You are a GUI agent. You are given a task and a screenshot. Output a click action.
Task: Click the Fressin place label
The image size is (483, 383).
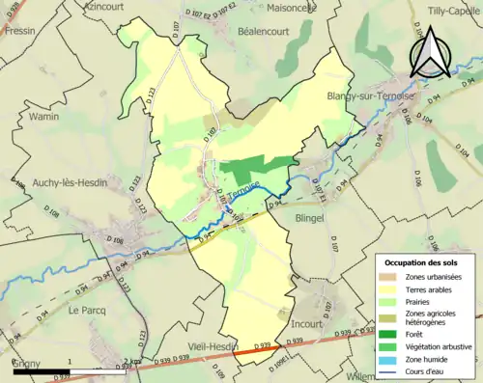tap(19, 31)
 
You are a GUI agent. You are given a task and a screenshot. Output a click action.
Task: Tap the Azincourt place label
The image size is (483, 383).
tap(108, 6)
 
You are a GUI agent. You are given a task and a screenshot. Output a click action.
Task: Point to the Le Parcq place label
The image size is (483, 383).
tap(85, 311)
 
